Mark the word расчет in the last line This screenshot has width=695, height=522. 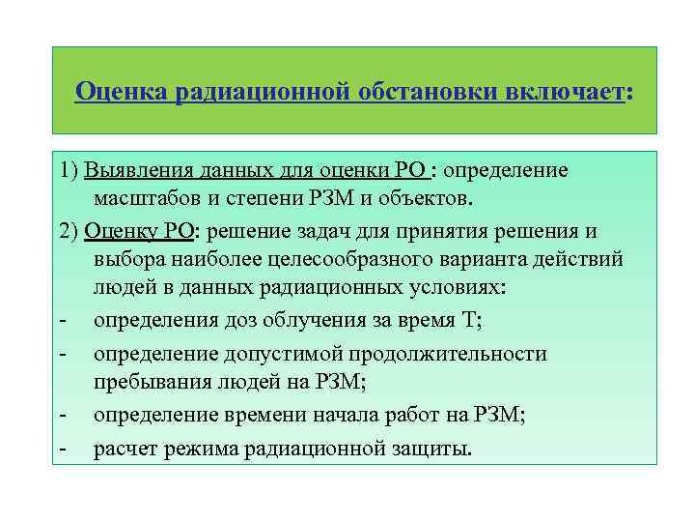[126, 449]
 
